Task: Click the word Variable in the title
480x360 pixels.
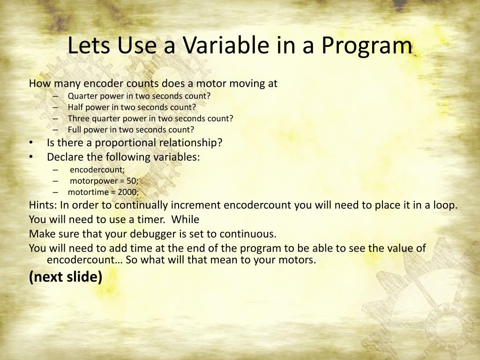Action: coord(226,45)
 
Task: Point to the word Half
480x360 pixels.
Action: coord(75,107)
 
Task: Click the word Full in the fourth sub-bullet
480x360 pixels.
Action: coord(75,129)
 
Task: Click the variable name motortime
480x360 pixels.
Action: coord(88,192)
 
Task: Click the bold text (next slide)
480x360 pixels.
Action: coord(66,277)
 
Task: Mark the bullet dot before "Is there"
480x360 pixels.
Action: coord(31,143)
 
